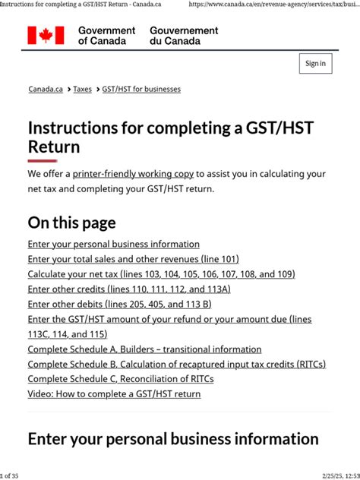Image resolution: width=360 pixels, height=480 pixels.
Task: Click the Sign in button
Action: pyautogui.click(x=315, y=64)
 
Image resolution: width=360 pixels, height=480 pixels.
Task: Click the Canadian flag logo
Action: pyautogui.click(x=46, y=35)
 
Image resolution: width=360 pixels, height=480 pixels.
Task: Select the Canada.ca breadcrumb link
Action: pyautogui.click(x=46, y=90)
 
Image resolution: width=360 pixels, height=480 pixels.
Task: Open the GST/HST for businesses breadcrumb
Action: pyautogui.click(x=141, y=90)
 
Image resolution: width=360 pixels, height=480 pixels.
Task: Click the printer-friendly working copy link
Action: pyautogui.click(x=133, y=174)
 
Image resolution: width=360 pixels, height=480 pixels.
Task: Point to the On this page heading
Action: pyautogui.click(x=71, y=223)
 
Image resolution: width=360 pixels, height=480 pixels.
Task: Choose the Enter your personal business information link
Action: pyautogui.click(x=114, y=245)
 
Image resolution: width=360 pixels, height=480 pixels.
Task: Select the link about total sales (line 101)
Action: pyautogui.click(x=133, y=260)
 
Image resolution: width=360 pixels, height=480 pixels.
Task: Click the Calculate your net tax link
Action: pyautogui.click(x=161, y=274)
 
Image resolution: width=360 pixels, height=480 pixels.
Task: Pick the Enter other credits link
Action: pyautogui.click(x=129, y=289)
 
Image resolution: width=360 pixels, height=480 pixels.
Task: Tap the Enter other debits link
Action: pyautogui.click(x=120, y=305)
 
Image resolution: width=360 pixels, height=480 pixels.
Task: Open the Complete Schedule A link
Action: pyautogui.click(x=144, y=349)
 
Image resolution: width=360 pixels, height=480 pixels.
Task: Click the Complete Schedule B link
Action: pyautogui.click(x=176, y=365)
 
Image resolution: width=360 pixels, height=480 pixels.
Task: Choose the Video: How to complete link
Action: pyautogui.click(x=114, y=394)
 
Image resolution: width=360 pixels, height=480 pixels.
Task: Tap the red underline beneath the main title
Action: pyautogui.click(x=43, y=161)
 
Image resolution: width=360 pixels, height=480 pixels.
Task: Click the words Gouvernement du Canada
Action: pyautogui.click(x=184, y=36)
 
